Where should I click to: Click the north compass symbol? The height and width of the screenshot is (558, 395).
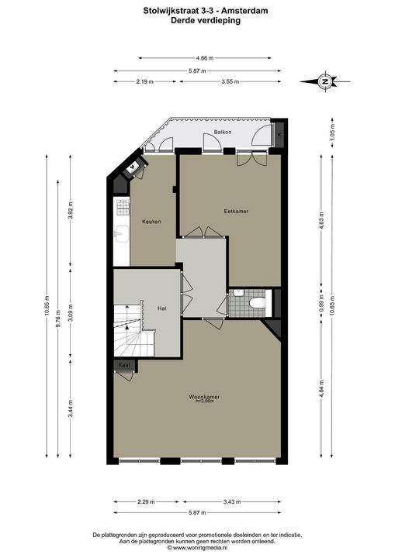pos(327,81)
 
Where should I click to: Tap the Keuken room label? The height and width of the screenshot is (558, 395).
pos(151,222)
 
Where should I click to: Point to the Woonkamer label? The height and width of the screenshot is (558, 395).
pos(204,396)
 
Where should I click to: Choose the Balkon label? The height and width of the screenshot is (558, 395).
pos(222,133)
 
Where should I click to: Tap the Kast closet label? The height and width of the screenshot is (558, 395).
pos(123,364)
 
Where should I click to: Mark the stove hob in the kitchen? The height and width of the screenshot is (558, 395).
pos(122,207)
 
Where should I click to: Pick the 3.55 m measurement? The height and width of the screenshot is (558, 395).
pos(228,81)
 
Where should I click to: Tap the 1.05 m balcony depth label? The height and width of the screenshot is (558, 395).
pos(332,135)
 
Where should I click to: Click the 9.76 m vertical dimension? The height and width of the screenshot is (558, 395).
pos(57,304)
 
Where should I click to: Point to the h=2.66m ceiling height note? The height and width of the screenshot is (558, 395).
pos(205,401)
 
